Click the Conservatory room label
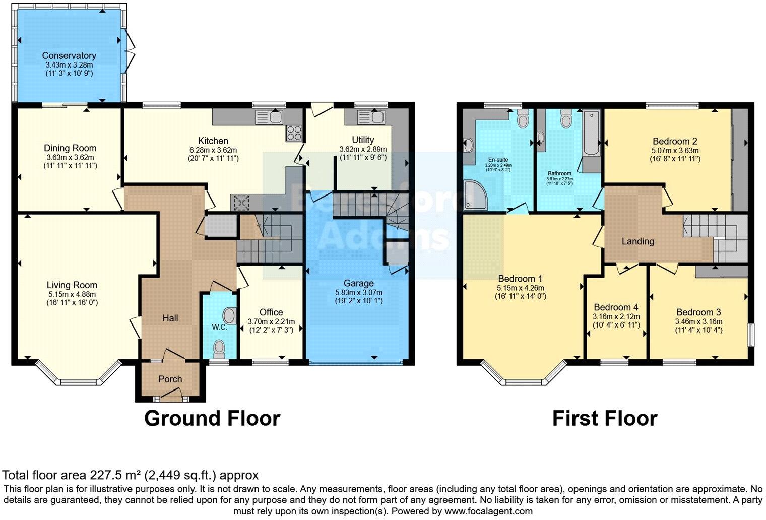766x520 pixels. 69,56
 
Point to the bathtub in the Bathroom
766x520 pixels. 589,134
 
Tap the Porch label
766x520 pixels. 170,379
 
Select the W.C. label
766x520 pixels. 219,328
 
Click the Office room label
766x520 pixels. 271,312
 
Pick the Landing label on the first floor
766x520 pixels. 637,241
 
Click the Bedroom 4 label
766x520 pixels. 616,307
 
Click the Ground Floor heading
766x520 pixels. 212,419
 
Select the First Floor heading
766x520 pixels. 604,419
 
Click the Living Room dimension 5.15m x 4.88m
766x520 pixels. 72,294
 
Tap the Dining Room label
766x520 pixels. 70,148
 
